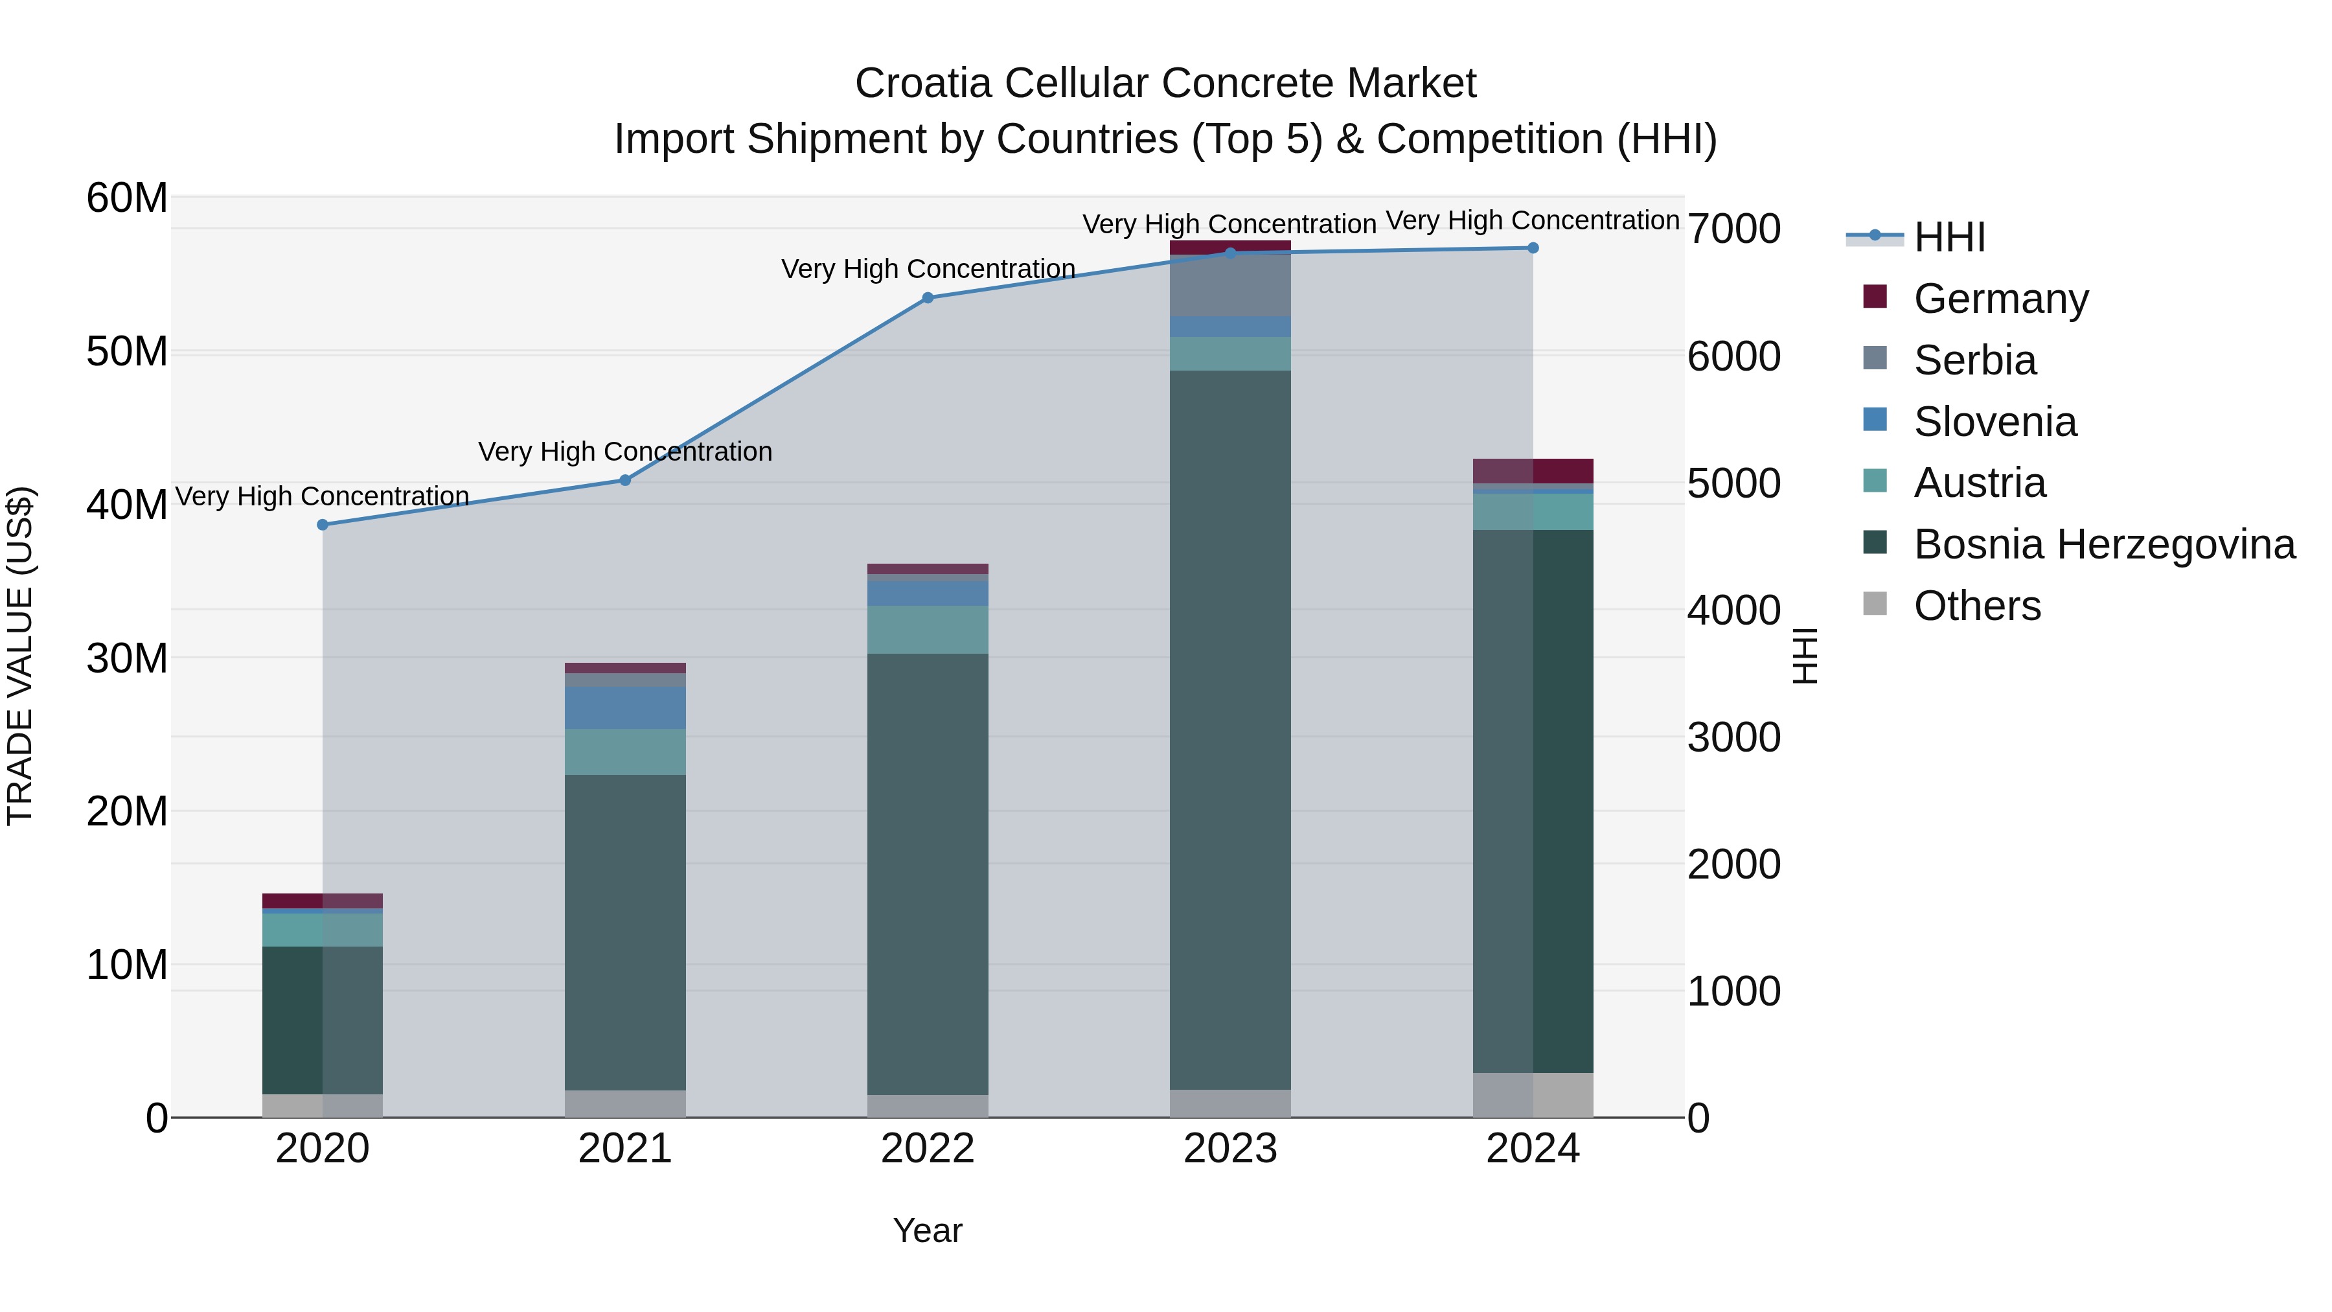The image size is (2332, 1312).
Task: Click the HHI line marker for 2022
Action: click(927, 298)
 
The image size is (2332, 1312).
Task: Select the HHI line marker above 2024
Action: click(1533, 248)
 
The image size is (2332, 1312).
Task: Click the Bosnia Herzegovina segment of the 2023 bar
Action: click(1229, 724)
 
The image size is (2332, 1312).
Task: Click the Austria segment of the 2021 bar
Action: click(624, 752)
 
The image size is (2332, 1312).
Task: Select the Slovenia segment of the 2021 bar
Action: click(624, 707)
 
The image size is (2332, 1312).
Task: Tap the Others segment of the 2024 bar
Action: click(1533, 1095)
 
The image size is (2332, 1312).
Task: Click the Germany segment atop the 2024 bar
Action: click(1533, 471)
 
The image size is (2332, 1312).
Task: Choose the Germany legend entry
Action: click(2001, 298)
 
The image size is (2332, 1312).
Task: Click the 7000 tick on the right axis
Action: click(1733, 229)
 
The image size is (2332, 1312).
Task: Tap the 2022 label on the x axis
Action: click(927, 1149)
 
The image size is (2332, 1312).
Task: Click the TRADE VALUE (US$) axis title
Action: click(20, 656)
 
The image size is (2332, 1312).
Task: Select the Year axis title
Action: click(927, 1230)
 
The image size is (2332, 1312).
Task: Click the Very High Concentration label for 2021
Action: click(624, 451)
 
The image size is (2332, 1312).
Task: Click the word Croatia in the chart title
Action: click(922, 84)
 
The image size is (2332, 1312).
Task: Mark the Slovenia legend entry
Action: click(1995, 421)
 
